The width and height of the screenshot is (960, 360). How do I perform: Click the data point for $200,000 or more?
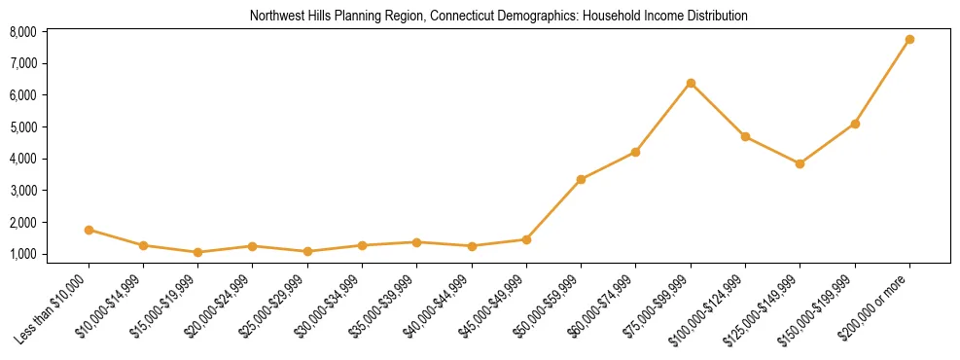tap(909, 39)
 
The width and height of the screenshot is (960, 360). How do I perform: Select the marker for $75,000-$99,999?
tap(691, 83)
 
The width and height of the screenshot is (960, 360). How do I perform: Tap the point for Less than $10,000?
tap(89, 230)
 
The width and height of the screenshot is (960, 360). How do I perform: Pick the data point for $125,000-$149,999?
tap(800, 163)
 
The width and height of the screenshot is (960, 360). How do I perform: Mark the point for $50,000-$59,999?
tap(581, 179)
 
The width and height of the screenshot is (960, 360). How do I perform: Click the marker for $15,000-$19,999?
tap(198, 252)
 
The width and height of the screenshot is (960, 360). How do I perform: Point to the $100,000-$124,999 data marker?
tap(745, 136)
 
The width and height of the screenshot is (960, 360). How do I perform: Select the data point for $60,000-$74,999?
tap(635, 152)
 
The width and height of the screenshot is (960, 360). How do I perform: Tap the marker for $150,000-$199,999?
tap(855, 124)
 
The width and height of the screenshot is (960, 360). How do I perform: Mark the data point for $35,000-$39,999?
tap(416, 241)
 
